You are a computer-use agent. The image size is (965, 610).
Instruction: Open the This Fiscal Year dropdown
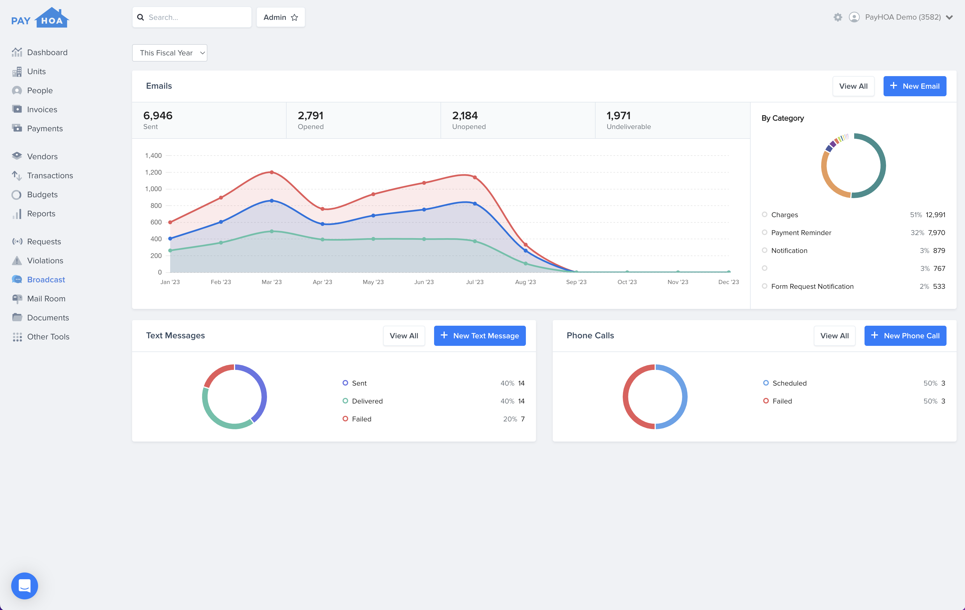point(170,53)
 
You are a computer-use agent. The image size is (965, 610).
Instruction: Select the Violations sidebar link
point(45,261)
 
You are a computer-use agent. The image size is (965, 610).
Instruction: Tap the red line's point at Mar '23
point(272,172)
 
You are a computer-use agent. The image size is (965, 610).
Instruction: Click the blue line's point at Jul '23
point(475,204)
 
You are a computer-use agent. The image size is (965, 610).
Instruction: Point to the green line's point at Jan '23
point(170,250)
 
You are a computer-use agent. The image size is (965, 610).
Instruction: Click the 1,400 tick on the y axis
point(153,156)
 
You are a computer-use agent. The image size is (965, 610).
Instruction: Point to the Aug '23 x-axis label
point(525,282)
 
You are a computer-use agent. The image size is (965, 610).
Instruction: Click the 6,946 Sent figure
point(158,116)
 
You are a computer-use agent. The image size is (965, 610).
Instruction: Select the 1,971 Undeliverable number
point(618,116)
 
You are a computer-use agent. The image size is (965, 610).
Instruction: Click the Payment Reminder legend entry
point(801,233)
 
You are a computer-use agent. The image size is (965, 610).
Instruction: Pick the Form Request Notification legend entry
point(812,287)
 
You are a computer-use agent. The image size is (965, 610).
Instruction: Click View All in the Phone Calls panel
point(834,336)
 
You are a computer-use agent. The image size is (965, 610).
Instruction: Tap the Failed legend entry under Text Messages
point(362,419)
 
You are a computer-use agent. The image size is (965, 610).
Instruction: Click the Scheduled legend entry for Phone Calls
point(789,383)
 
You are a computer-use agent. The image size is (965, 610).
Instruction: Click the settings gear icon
point(838,17)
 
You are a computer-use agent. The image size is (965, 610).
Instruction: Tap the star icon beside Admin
point(294,18)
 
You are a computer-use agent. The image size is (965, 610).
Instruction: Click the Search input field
point(196,17)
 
